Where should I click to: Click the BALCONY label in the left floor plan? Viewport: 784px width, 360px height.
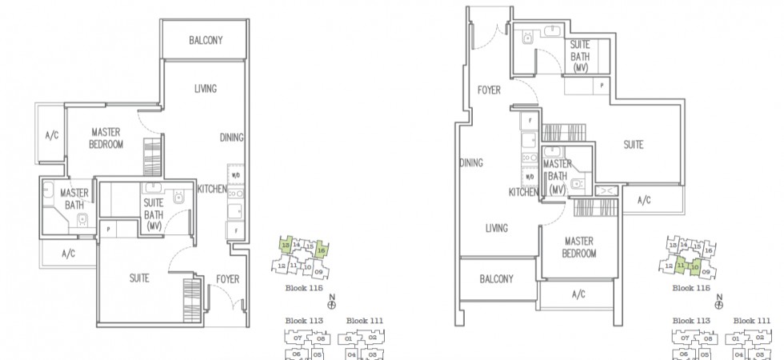[206, 40]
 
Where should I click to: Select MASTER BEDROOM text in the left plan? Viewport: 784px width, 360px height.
[106, 138]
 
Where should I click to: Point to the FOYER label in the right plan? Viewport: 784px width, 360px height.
[489, 90]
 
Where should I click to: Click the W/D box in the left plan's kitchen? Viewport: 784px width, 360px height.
[236, 175]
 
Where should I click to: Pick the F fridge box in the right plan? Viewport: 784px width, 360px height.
[529, 122]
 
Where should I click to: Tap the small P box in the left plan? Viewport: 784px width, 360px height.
[107, 228]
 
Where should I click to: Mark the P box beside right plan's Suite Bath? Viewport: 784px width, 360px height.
[601, 84]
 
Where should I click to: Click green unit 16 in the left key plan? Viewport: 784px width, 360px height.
[321, 250]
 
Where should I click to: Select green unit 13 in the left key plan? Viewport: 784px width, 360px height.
[284, 244]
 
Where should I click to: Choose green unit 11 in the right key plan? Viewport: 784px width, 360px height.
[680, 264]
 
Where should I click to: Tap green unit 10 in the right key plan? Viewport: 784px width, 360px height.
[695, 266]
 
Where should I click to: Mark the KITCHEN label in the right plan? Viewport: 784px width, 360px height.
[523, 192]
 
